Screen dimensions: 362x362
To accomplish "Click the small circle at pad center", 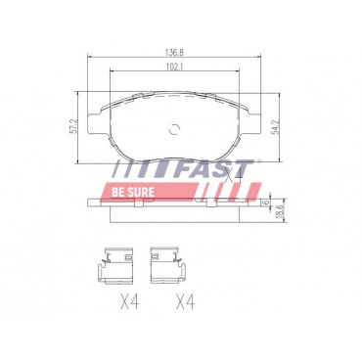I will tap(176, 127).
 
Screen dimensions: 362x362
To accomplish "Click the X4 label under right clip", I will tap(184, 302).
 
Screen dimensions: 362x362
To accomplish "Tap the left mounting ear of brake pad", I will tap(94, 121).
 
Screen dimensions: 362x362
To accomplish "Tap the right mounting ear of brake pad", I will tap(259, 121).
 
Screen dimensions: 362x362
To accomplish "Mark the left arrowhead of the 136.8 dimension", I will tap(91, 61).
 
